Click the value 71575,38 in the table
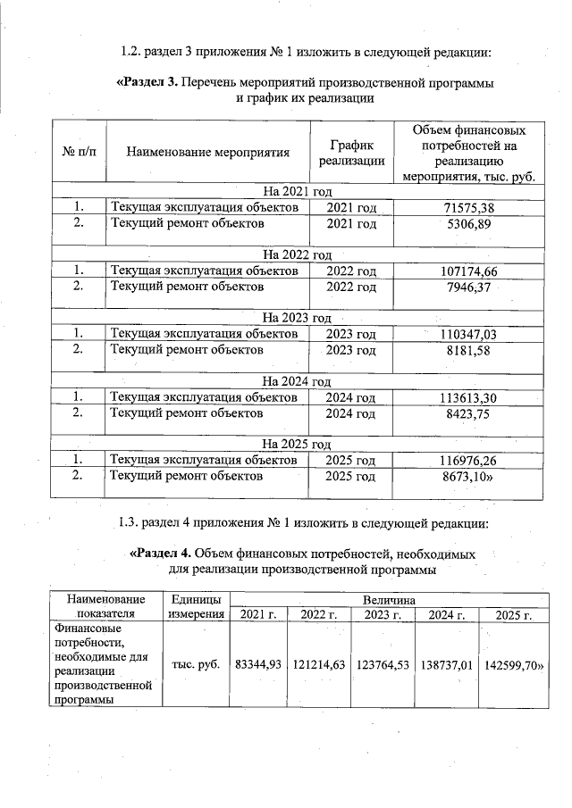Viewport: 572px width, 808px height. click(x=469, y=207)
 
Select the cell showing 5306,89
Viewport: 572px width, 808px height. click(x=469, y=223)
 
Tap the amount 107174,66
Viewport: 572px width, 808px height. click(x=469, y=271)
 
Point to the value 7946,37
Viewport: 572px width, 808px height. click(x=469, y=287)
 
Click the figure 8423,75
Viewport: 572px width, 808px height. click(x=469, y=413)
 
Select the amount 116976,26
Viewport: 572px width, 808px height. click(x=469, y=460)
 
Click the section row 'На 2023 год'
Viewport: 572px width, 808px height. click(x=296, y=318)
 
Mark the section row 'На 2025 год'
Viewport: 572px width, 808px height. click(x=296, y=444)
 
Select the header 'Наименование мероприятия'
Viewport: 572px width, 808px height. click(x=208, y=152)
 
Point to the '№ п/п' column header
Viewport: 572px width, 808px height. click(x=79, y=152)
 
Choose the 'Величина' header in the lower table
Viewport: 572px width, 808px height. click(x=389, y=599)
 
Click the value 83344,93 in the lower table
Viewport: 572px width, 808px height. click(x=258, y=664)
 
